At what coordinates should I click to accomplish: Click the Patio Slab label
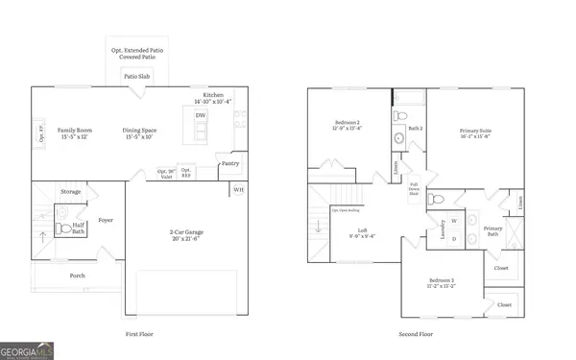(x=134, y=75)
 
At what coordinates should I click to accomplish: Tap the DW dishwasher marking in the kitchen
(x=201, y=116)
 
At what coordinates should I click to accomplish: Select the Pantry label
(x=229, y=163)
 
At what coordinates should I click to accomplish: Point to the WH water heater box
(x=238, y=189)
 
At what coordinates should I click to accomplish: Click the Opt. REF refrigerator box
(x=187, y=174)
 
